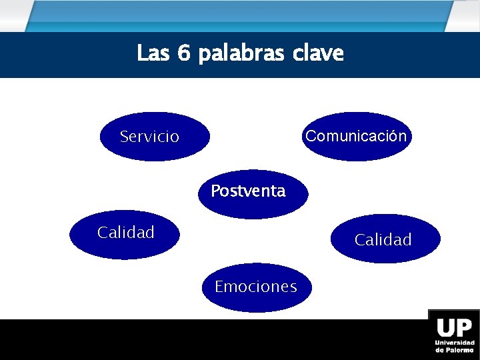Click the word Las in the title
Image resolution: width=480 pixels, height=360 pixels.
(x=153, y=53)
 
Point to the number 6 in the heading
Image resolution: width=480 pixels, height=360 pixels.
(x=184, y=53)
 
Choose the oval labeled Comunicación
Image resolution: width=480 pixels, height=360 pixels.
(x=355, y=137)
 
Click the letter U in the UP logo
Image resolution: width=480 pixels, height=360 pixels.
(x=445, y=328)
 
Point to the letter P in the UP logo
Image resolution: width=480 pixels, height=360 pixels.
(x=465, y=328)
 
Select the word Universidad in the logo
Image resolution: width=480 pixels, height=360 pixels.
(x=455, y=343)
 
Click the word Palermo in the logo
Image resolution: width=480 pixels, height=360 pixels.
(x=459, y=349)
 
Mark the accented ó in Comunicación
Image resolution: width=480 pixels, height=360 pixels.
(x=394, y=136)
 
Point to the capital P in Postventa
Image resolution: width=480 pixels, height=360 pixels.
(x=215, y=191)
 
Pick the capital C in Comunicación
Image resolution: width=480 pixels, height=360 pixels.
(x=311, y=136)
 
